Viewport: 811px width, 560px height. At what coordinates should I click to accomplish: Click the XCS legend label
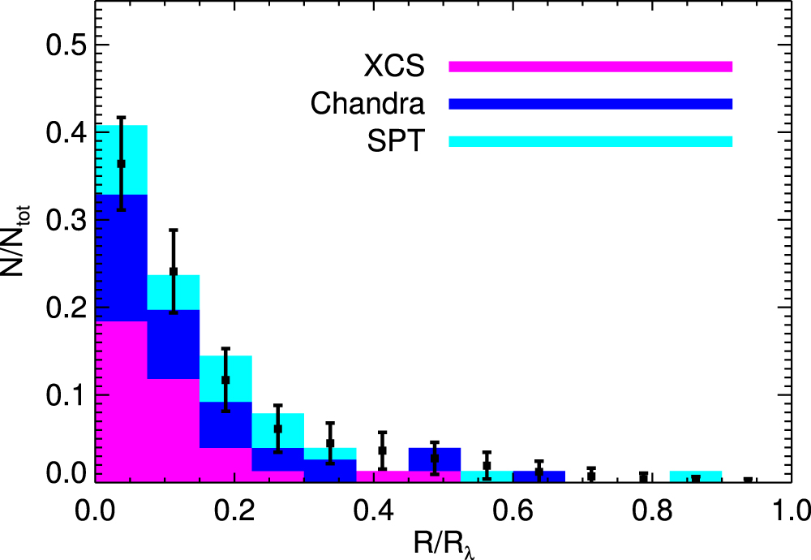coord(393,67)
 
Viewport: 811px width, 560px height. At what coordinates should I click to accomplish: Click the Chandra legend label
coord(367,104)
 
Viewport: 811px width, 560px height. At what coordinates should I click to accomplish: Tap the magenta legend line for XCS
coord(590,67)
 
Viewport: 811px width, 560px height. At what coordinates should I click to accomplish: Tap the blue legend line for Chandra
coord(590,104)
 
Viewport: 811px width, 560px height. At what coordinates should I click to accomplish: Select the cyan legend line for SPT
coord(590,141)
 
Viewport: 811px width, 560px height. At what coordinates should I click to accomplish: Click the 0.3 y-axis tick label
coord(67,220)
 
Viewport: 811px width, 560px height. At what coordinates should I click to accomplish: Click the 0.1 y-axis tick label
coord(67,395)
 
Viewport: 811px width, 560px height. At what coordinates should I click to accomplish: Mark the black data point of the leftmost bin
coord(122,164)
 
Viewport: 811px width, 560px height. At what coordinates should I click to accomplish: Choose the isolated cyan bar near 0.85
coord(695,476)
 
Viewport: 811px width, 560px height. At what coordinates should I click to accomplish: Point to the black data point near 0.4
coord(383,450)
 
